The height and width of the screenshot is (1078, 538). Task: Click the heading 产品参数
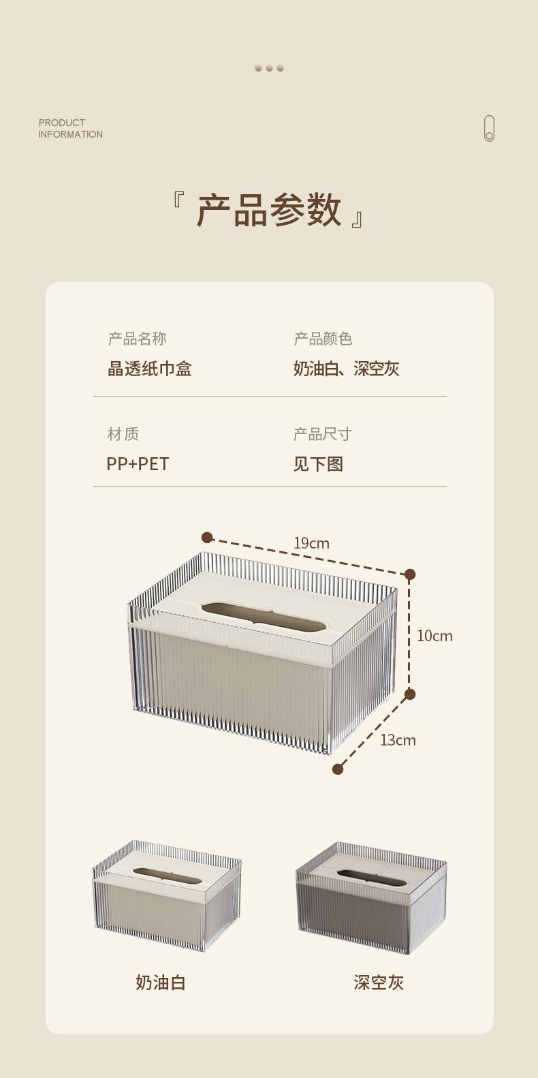[269, 209]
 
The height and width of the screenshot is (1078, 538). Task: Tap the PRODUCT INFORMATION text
[70, 129]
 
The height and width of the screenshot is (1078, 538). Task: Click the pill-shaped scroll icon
[489, 129]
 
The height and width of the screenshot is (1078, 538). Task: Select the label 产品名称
[137, 339]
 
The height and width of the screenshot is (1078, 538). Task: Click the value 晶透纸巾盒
[150, 369]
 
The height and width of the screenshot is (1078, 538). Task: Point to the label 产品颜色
[323, 339]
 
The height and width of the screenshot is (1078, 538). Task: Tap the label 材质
[123, 434]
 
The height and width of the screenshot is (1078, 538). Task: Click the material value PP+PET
[138, 464]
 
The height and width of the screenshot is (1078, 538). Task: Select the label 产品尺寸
[322, 434]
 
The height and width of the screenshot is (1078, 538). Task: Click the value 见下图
[318, 464]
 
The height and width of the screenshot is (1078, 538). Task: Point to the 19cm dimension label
[311, 543]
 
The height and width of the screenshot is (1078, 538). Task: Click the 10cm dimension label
[434, 636]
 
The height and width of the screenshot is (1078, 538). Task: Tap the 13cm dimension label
[398, 740]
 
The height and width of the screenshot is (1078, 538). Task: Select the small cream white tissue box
[167, 895]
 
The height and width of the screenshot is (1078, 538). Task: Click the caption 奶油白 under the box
[161, 983]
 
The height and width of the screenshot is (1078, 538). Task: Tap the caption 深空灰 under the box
[379, 983]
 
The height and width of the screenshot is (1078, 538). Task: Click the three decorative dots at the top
[269, 68]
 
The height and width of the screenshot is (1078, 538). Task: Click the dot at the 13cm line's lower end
[338, 769]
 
